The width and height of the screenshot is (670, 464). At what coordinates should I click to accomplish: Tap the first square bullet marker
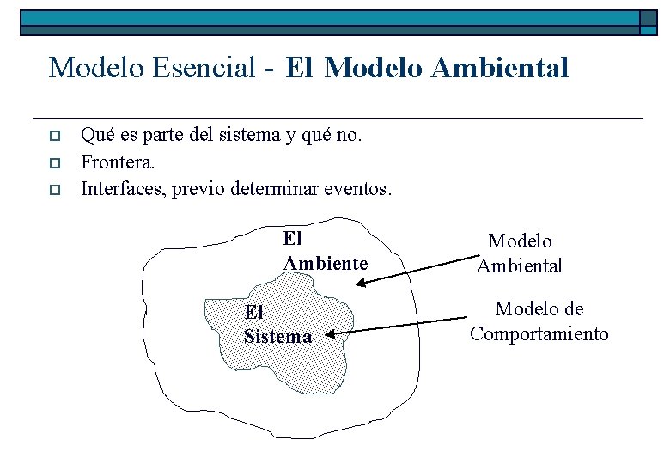[54, 136]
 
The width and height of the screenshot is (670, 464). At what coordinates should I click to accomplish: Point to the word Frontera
[119, 162]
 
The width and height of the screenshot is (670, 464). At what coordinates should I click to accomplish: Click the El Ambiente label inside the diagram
[325, 251]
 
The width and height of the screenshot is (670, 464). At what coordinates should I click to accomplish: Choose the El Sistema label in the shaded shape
[277, 325]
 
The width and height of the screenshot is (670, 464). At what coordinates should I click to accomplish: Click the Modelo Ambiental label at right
[520, 253]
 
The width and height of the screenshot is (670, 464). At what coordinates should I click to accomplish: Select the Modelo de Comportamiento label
[539, 321]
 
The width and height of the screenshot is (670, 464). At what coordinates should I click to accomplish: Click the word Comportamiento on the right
[539, 334]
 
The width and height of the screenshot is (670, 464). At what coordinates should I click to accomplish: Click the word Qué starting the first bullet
[94, 135]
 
